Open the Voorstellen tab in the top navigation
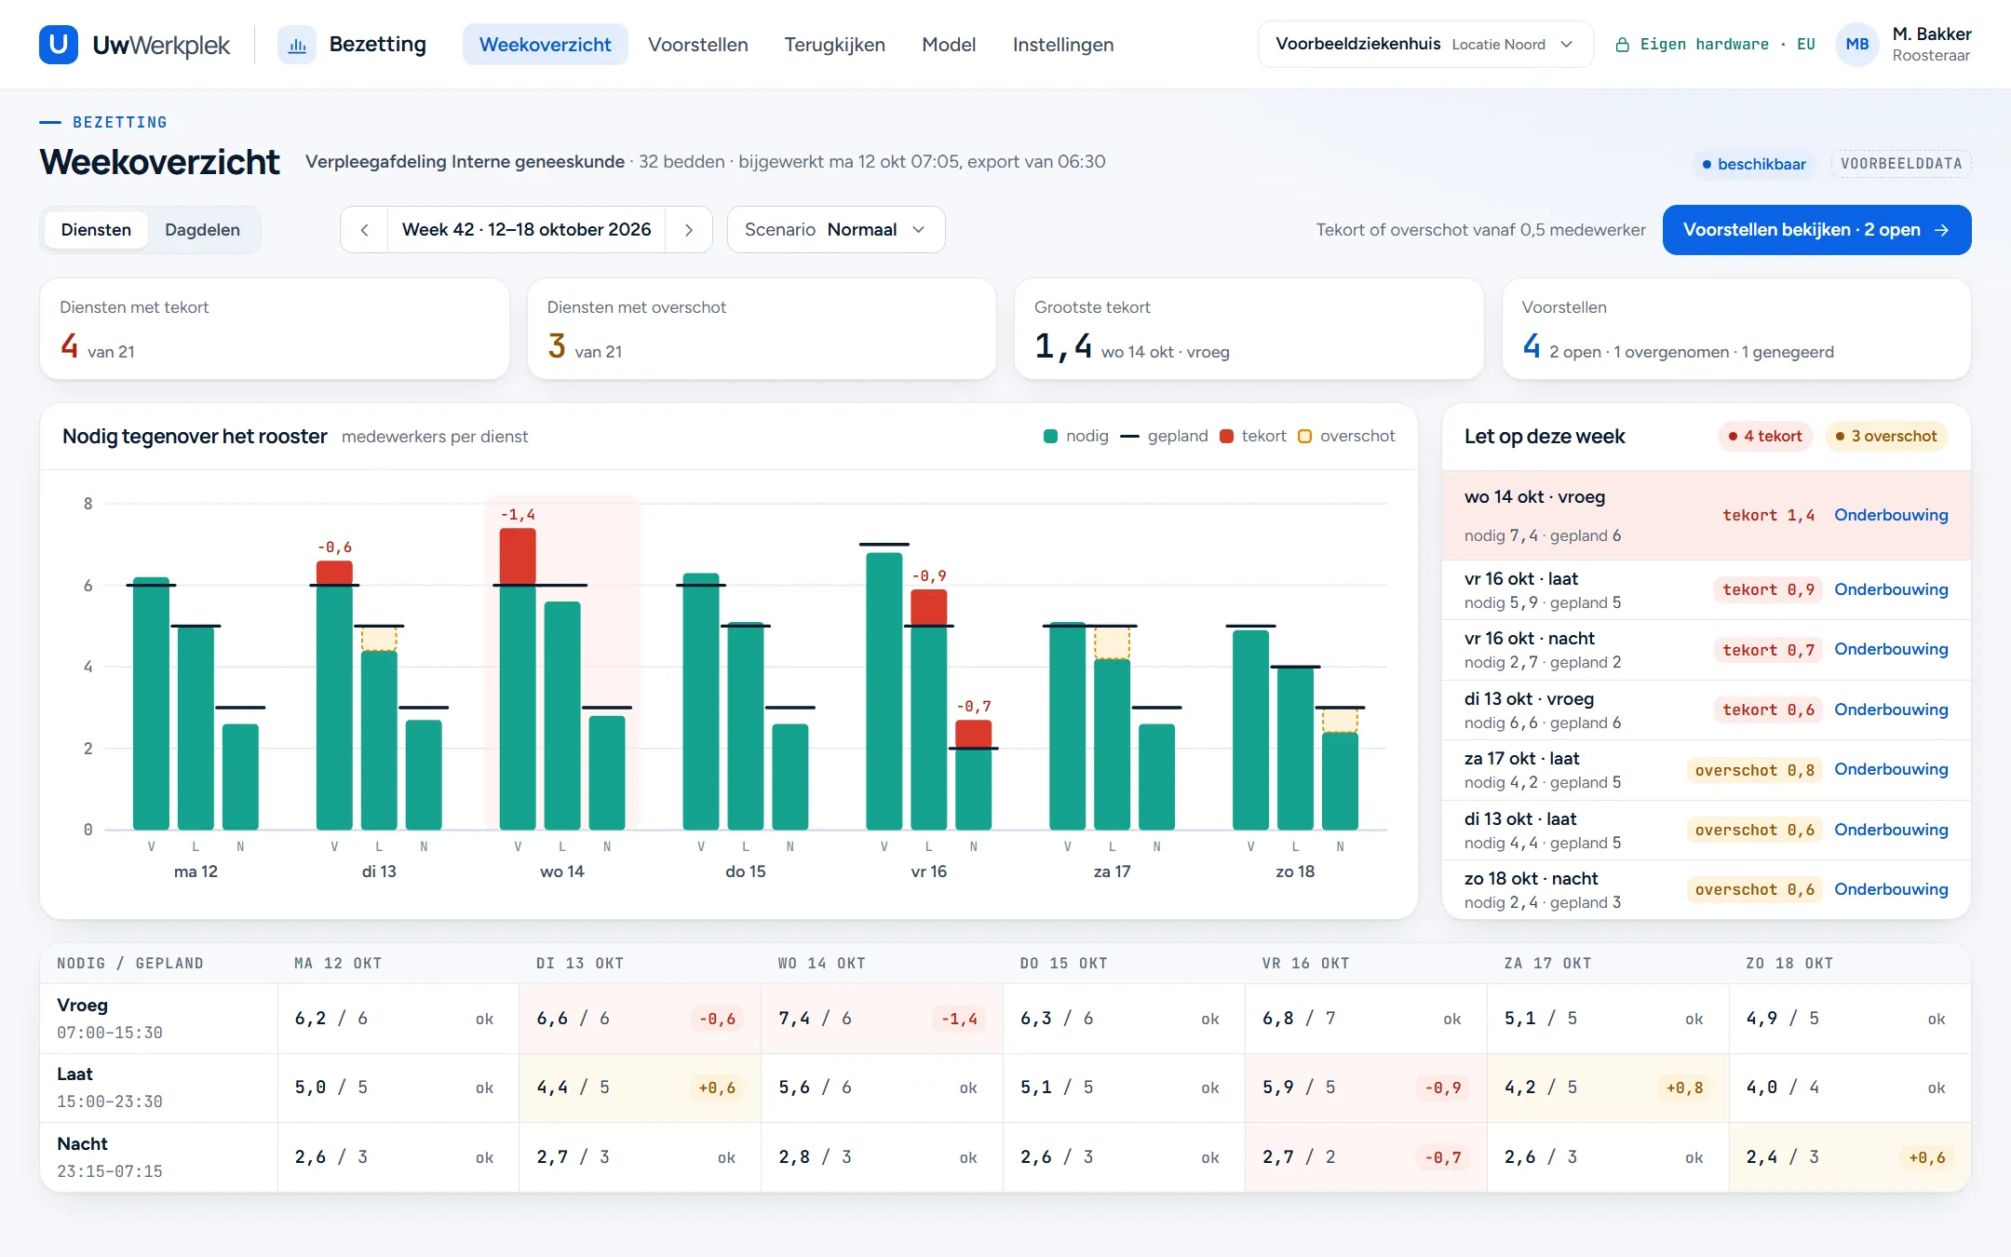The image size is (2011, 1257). (697, 45)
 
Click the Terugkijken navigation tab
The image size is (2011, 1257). (834, 45)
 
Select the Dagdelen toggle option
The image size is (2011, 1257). (202, 230)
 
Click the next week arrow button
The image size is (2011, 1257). (689, 230)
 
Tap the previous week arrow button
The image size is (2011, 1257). (364, 230)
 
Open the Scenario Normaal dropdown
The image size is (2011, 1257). (836, 230)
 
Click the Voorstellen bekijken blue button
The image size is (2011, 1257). (1816, 230)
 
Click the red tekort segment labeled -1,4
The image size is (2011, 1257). (518, 557)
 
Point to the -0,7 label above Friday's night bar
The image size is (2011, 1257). (974, 707)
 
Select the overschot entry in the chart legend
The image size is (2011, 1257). (1346, 436)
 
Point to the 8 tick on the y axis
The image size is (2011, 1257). (88, 504)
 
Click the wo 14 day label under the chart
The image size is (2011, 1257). (562, 872)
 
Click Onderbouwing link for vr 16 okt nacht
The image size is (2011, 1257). (1891, 649)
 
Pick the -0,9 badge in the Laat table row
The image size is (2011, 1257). (1442, 1088)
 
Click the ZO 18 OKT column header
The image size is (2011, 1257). (1788, 964)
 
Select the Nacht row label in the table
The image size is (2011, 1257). (82, 1143)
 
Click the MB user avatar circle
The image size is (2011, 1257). (1856, 45)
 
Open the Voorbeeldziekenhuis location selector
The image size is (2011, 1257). (1424, 45)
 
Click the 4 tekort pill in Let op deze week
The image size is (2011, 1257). (1765, 436)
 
